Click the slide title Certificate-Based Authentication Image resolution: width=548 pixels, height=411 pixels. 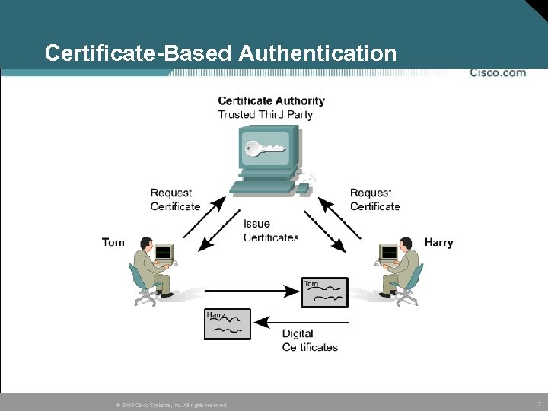(220, 53)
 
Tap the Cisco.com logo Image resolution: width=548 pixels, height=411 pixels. (498, 73)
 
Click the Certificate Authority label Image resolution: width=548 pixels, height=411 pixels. (271, 100)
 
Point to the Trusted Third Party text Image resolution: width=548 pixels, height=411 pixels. (265, 115)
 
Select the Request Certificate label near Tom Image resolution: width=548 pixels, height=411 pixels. (175, 199)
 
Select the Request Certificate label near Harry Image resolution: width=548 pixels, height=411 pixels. (374, 199)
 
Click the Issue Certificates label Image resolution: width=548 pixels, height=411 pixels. (270, 231)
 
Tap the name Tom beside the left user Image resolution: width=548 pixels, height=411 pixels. (113, 242)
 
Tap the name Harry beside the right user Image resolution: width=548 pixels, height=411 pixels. (438, 242)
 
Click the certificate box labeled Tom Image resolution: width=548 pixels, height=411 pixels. (324, 292)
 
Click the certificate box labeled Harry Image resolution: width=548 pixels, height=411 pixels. (227, 323)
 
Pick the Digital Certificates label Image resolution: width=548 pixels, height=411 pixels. (309, 340)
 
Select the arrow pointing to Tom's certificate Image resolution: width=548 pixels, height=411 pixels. (251, 291)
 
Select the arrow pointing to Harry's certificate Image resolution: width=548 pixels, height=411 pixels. (301, 323)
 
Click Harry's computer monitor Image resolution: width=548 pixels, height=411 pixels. (388, 252)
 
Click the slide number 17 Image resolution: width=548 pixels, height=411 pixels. (538, 403)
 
